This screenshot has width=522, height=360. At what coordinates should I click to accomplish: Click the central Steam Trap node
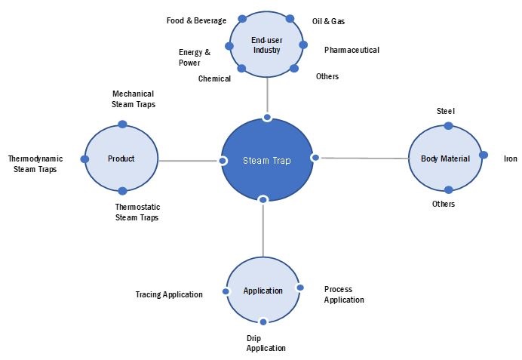tap(266, 160)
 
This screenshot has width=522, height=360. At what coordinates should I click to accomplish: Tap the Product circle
tap(121, 158)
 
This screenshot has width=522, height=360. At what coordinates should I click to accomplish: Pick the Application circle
tap(263, 291)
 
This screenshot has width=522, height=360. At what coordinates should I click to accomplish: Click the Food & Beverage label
tap(196, 20)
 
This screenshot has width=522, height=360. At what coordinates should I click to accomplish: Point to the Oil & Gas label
tap(329, 21)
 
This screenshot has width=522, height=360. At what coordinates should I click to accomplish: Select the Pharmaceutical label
tap(352, 50)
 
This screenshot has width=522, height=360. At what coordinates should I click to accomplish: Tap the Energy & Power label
tap(195, 57)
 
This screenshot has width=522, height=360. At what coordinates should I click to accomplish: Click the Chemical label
tap(214, 78)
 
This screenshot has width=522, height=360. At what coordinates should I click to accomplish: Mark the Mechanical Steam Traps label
tap(134, 100)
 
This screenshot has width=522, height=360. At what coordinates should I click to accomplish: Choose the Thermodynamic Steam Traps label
tap(35, 164)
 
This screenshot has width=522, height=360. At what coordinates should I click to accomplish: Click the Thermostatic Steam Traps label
tap(137, 212)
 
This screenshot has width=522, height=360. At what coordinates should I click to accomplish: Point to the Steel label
tap(446, 111)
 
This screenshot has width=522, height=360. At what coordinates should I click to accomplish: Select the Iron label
tap(510, 158)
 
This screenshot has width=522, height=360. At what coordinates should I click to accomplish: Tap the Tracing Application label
tap(169, 294)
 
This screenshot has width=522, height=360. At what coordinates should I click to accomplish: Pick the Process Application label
tap(344, 294)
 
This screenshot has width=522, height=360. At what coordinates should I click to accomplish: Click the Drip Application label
tap(266, 343)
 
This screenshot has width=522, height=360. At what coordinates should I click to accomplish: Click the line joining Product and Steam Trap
tap(189, 161)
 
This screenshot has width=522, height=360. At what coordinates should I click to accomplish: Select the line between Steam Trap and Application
tap(263, 230)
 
